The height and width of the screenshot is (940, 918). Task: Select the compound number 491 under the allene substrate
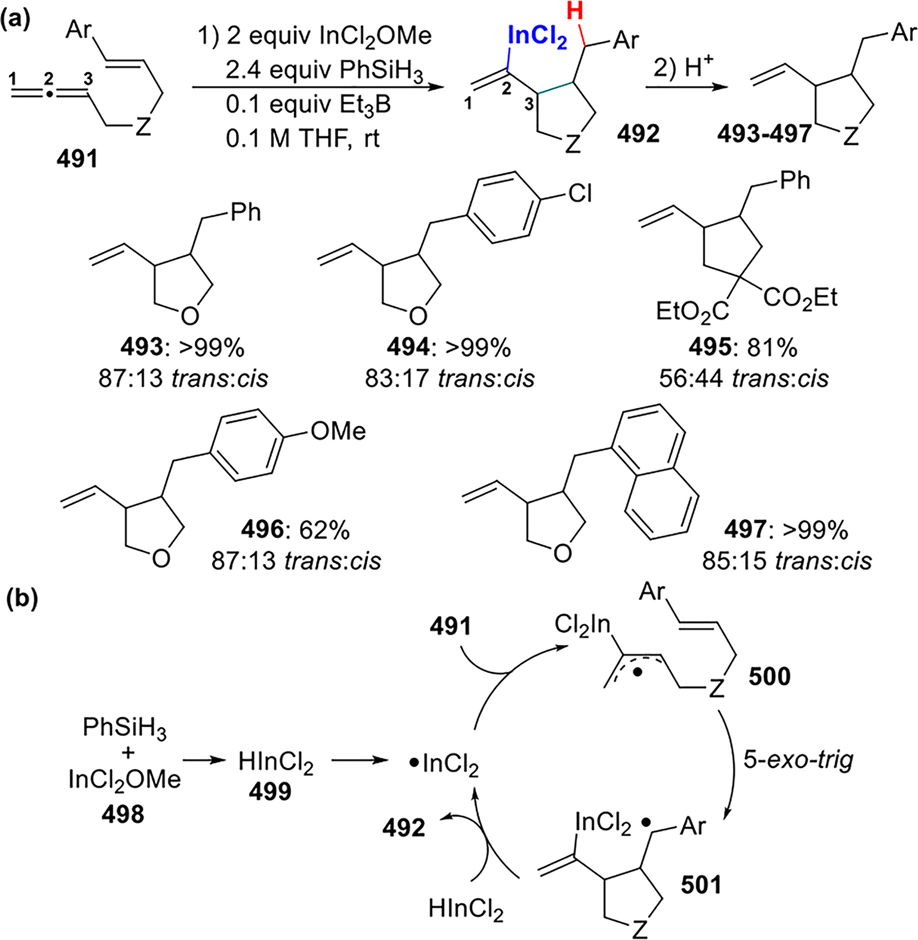coord(77,160)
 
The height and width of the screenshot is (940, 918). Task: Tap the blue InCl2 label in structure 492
coord(538,39)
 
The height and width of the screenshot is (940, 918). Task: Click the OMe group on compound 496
coord(338,431)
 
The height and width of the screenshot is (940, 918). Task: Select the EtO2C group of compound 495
coord(693,311)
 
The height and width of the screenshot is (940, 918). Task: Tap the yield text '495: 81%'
coord(744,348)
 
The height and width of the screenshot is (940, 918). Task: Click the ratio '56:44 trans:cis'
coord(744,378)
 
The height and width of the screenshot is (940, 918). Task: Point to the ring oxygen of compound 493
coord(190,316)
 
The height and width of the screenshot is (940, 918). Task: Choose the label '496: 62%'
coord(296,530)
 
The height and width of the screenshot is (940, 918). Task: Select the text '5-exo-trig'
coord(798,760)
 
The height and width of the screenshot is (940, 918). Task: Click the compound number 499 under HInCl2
coord(270,791)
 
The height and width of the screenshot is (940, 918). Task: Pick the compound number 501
coord(701,885)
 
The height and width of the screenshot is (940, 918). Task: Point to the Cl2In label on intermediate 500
coord(582,624)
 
